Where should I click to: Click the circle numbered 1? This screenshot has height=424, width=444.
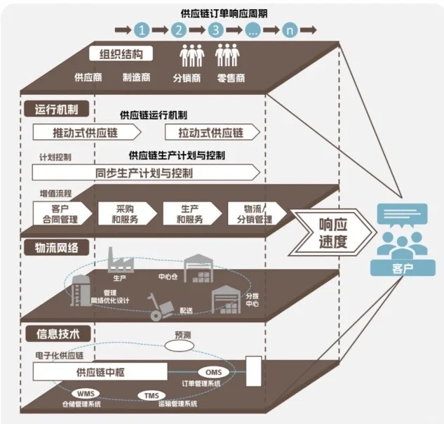click(142, 30)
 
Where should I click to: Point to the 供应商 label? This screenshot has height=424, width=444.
click(88, 77)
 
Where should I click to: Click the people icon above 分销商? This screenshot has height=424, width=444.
click(191, 55)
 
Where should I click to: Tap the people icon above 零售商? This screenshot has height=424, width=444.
click(228, 55)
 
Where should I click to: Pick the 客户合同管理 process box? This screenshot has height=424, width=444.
click(62, 213)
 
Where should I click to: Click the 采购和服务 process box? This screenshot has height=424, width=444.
click(126, 213)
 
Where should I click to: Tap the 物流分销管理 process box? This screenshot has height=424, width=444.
click(255, 213)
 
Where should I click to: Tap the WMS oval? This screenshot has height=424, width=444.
click(86, 392)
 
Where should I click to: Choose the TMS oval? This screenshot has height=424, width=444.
click(152, 396)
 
